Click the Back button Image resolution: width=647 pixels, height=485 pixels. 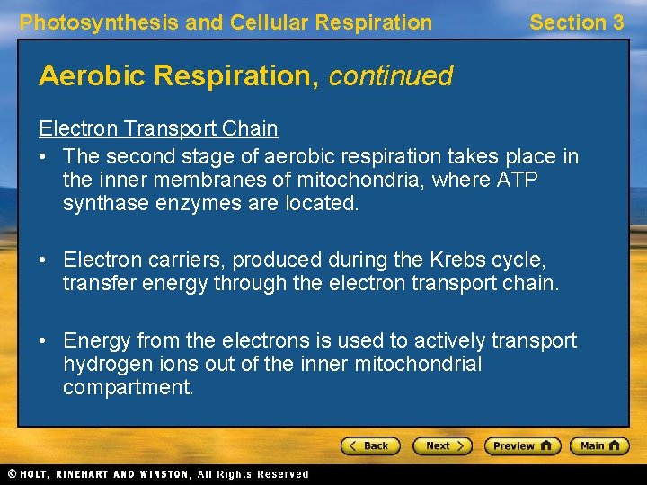[370, 445]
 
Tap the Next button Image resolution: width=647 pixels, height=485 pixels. [442, 445]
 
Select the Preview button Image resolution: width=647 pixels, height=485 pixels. [522, 445]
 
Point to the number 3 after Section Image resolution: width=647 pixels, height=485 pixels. [617, 22]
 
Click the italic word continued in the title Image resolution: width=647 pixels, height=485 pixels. [391, 76]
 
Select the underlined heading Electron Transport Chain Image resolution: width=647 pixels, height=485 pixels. [158, 128]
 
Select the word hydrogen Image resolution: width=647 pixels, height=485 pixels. [102, 364]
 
